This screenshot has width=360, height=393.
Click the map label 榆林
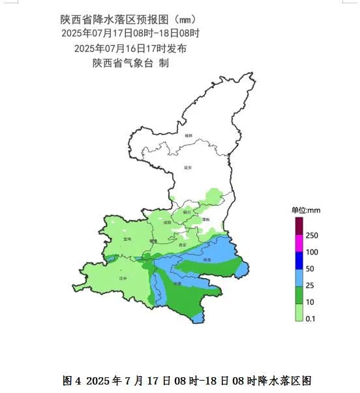[x=188, y=135]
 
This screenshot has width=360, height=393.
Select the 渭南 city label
[x=206, y=220]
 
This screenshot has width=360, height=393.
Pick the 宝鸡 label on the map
[x=127, y=240]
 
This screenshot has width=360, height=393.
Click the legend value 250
[x=312, y=235]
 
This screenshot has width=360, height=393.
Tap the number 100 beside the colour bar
[x=312, y=252]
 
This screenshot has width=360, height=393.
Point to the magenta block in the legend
[x=299, y=243]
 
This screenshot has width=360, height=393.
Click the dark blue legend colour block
[x=299, y=260]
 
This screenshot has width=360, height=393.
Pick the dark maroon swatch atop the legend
[x=299, y=226]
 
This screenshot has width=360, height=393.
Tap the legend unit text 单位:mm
[x=306, y=210]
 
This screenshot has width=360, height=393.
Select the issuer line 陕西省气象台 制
[x=131, y=63]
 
